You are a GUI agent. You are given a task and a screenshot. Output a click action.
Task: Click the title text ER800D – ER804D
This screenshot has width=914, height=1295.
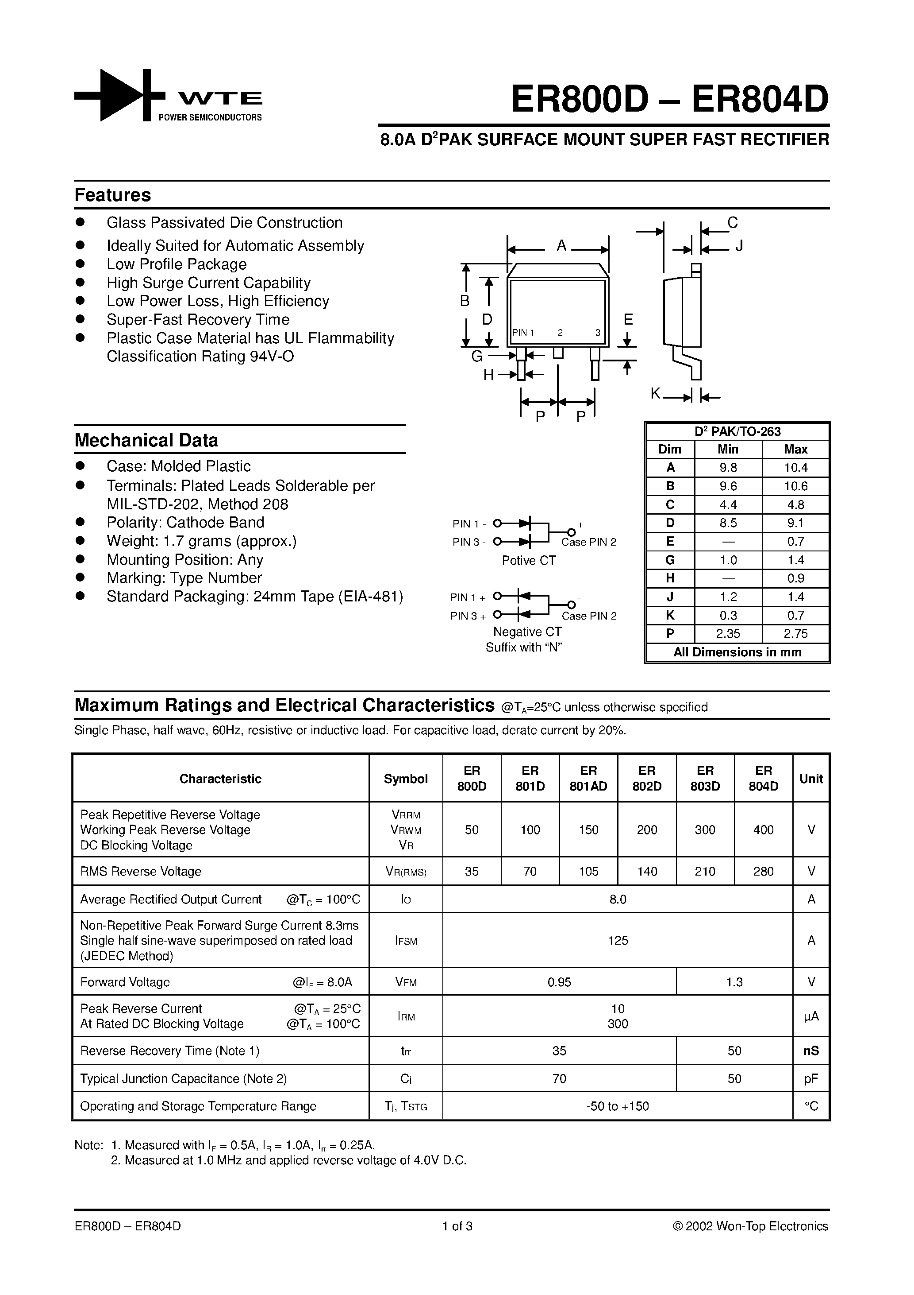tap(669, 100)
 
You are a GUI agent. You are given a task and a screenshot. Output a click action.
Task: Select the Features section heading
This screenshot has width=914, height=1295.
tap(113, 195)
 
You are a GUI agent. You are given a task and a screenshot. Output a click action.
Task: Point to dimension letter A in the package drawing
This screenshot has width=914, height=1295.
tap(561, 246)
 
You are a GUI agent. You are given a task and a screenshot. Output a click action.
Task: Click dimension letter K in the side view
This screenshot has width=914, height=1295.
tap(655, 394)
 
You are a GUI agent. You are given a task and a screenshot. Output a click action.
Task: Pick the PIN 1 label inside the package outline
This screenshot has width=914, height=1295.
tap(523, 333)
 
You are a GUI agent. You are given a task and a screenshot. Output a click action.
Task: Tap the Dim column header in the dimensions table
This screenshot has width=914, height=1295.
tap(669, 450)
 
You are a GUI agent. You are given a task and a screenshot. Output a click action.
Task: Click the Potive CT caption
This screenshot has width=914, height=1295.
tap(529, 561)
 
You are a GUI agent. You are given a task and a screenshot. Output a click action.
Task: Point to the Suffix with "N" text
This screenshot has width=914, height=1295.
tap(524, 647)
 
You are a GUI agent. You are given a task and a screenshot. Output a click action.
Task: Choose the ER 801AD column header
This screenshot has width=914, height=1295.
tap(588, 778)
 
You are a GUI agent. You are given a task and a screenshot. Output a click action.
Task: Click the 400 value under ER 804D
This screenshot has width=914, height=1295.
tap(763, 830)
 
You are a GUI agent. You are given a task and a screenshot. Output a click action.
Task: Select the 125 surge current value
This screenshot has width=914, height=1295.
tap(618, 940)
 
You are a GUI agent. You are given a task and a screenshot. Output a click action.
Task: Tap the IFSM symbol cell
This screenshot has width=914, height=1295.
tap(406, 941)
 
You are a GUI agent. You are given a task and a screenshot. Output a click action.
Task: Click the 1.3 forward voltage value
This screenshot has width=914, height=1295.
tap(734, 982)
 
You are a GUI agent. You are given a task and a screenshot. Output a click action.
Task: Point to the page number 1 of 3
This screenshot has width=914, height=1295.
tap(457, 1226)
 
